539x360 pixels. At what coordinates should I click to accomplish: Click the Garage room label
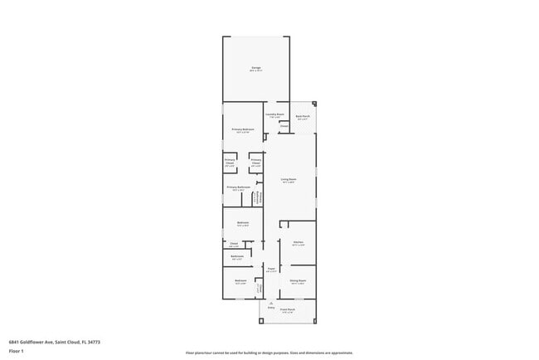tap(256, 68)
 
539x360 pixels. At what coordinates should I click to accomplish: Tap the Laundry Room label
tap(275, 115)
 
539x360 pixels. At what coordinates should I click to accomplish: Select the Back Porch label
tap(303, 118)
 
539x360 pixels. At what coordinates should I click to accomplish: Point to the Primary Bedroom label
tap(242, 130)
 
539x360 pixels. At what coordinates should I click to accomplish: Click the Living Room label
tap(289, 180)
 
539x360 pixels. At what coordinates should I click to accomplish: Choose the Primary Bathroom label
tap(238, 188)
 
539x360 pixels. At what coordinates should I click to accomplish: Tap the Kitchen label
tap(298, 243)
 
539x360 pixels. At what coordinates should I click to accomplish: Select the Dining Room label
tap(298, 282)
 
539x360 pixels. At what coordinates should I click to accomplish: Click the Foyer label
tap(270, 270)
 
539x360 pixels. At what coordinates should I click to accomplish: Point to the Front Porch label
tap(288, 312)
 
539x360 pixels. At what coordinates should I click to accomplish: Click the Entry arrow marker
tap(270, 303)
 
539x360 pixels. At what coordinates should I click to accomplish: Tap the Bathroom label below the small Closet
tap(237, 257)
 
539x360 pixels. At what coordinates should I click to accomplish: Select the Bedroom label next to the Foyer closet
tap(240, 282)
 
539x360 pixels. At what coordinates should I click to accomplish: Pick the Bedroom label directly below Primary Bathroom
tap(243, 223)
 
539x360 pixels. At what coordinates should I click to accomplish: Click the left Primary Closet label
tap(230, 163)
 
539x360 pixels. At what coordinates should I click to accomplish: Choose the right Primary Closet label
tap(256, 163)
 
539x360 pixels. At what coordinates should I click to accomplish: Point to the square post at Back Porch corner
tap(314, 105)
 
